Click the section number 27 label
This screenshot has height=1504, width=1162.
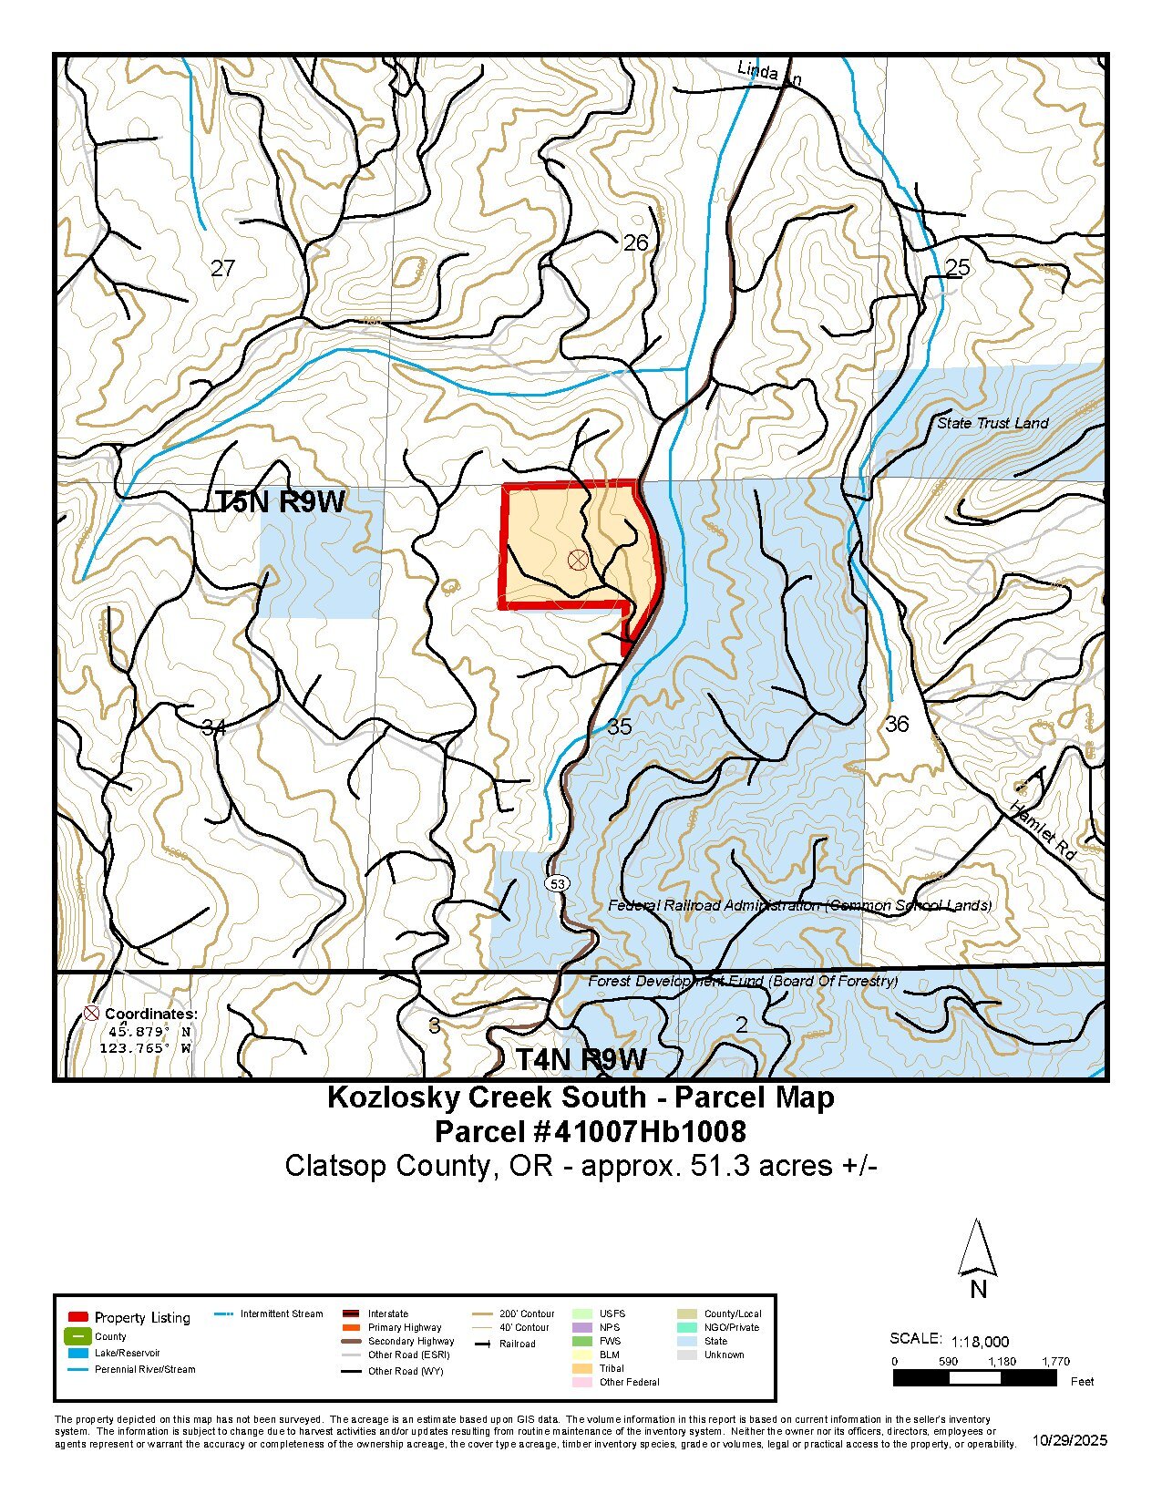pyautogui.click(x=222, y=268)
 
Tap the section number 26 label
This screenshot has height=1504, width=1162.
pyautogui.click(x=635, y=242)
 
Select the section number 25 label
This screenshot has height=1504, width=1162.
pyautogui.click(x=958, y=267)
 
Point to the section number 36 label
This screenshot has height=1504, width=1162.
pyautogui.click(x=897, y=724)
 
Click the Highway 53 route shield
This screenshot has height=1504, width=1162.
pyautogui.click(x=558, y=883)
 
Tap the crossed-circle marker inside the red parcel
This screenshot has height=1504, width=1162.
pyautogui.click(x=578, y=560)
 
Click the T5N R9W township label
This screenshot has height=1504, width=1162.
pyautogui.click(x=280, y=501)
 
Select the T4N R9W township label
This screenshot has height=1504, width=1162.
pyautogui.click(x=581, y=1059)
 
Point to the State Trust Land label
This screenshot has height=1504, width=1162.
pyautogui.click(x=992, y=423)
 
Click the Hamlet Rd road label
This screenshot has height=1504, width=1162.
pyautogui.click(x=1044, y=829)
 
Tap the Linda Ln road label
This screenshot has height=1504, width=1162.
pyautogui.click(x=768, y=73)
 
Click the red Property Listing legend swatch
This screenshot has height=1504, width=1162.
pyautogui.click(x=78, y=1317)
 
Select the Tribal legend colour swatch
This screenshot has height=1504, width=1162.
pyautogui.click(x=581, y=1368)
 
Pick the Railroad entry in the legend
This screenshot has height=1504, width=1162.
pyautogui.click(x=517, y=1344)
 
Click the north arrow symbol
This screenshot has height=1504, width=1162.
pyautogui.click(x=977, y=1249)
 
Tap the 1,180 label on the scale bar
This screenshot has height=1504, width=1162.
pyautogui.click(x=1002, y=1361)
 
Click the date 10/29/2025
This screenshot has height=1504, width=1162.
pyautogui.click(x=1070, y=1440)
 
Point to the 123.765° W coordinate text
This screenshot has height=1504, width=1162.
pyautogui.click(x=145, y=1048)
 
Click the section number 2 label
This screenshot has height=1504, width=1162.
pyautogui.click(x=741, y=1025)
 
